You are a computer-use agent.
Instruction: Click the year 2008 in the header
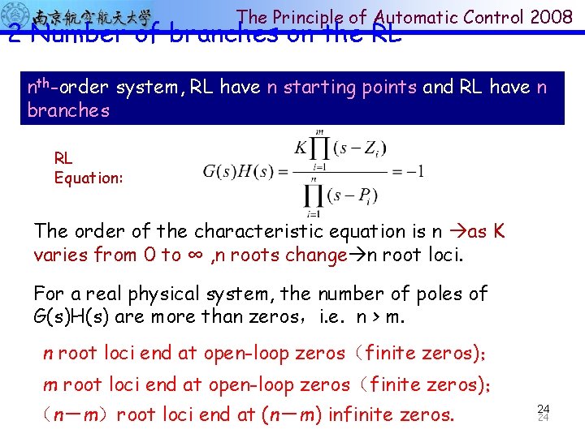click(553, 16)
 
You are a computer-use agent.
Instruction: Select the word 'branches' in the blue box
click(68, 110)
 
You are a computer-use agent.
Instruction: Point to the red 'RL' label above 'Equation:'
click(63, 158)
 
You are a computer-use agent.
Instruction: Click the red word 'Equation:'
click(89, 177)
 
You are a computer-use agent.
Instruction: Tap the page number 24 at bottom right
click(544, 411)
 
